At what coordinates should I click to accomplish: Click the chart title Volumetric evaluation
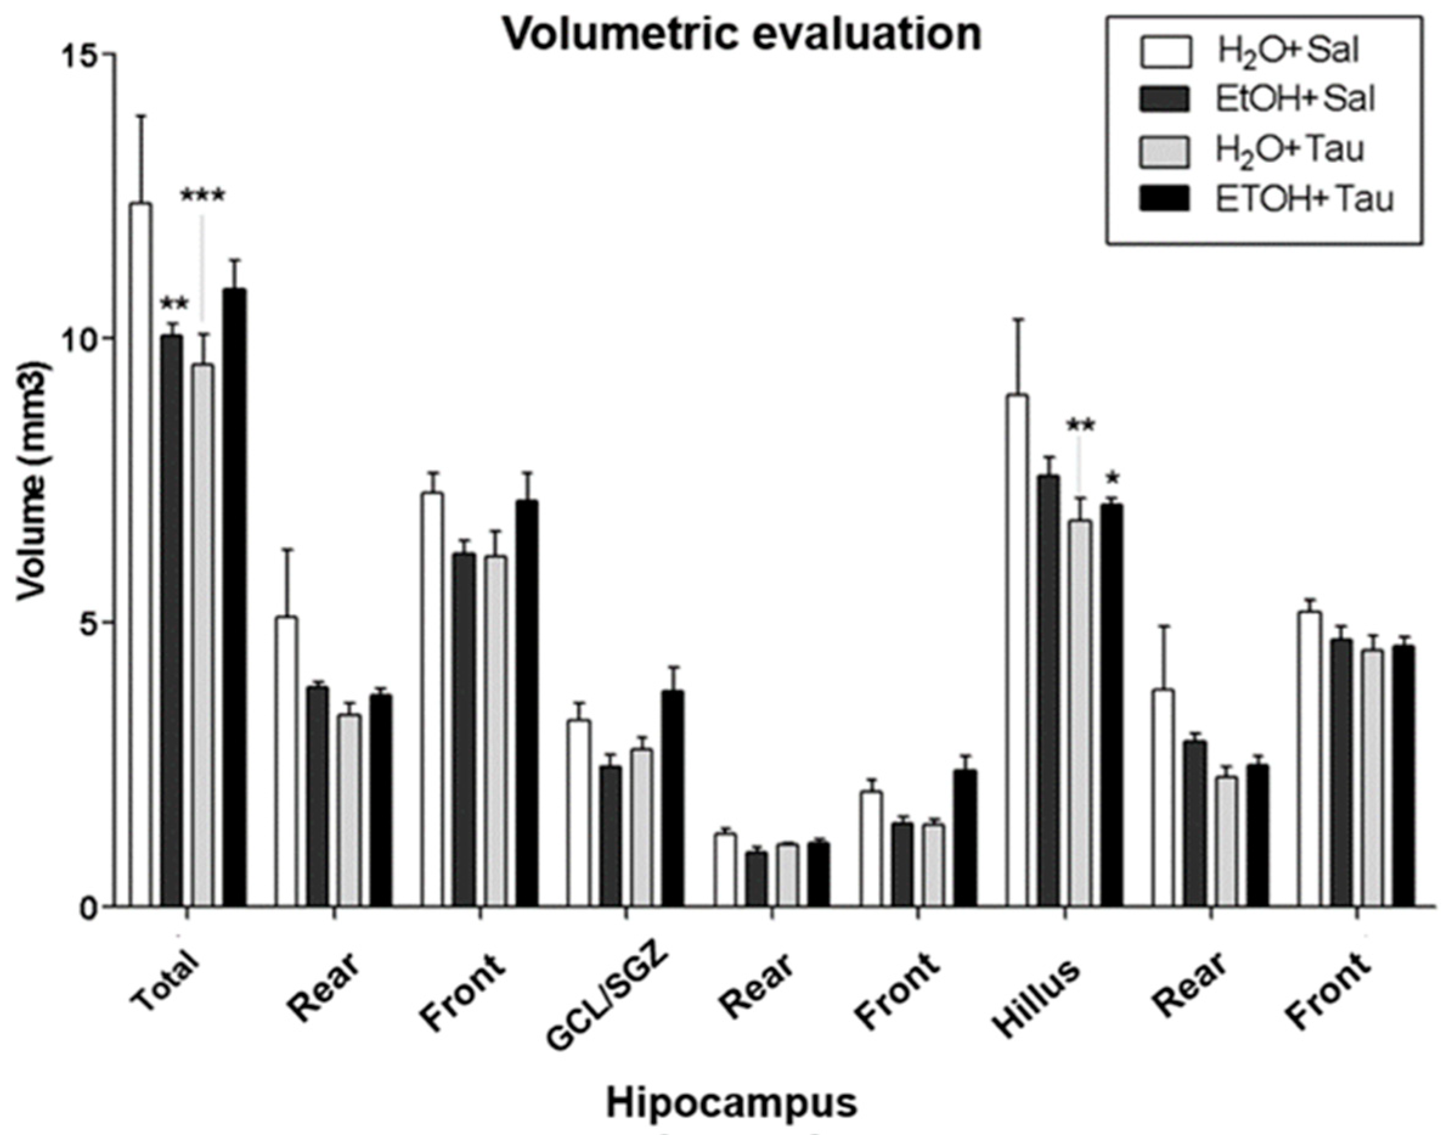[x=741, y=35]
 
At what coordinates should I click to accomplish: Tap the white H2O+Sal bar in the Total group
[x=140, y=555]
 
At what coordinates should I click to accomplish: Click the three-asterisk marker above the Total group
[x=203, y=196]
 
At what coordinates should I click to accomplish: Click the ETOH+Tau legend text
[x=1305, y=199]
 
